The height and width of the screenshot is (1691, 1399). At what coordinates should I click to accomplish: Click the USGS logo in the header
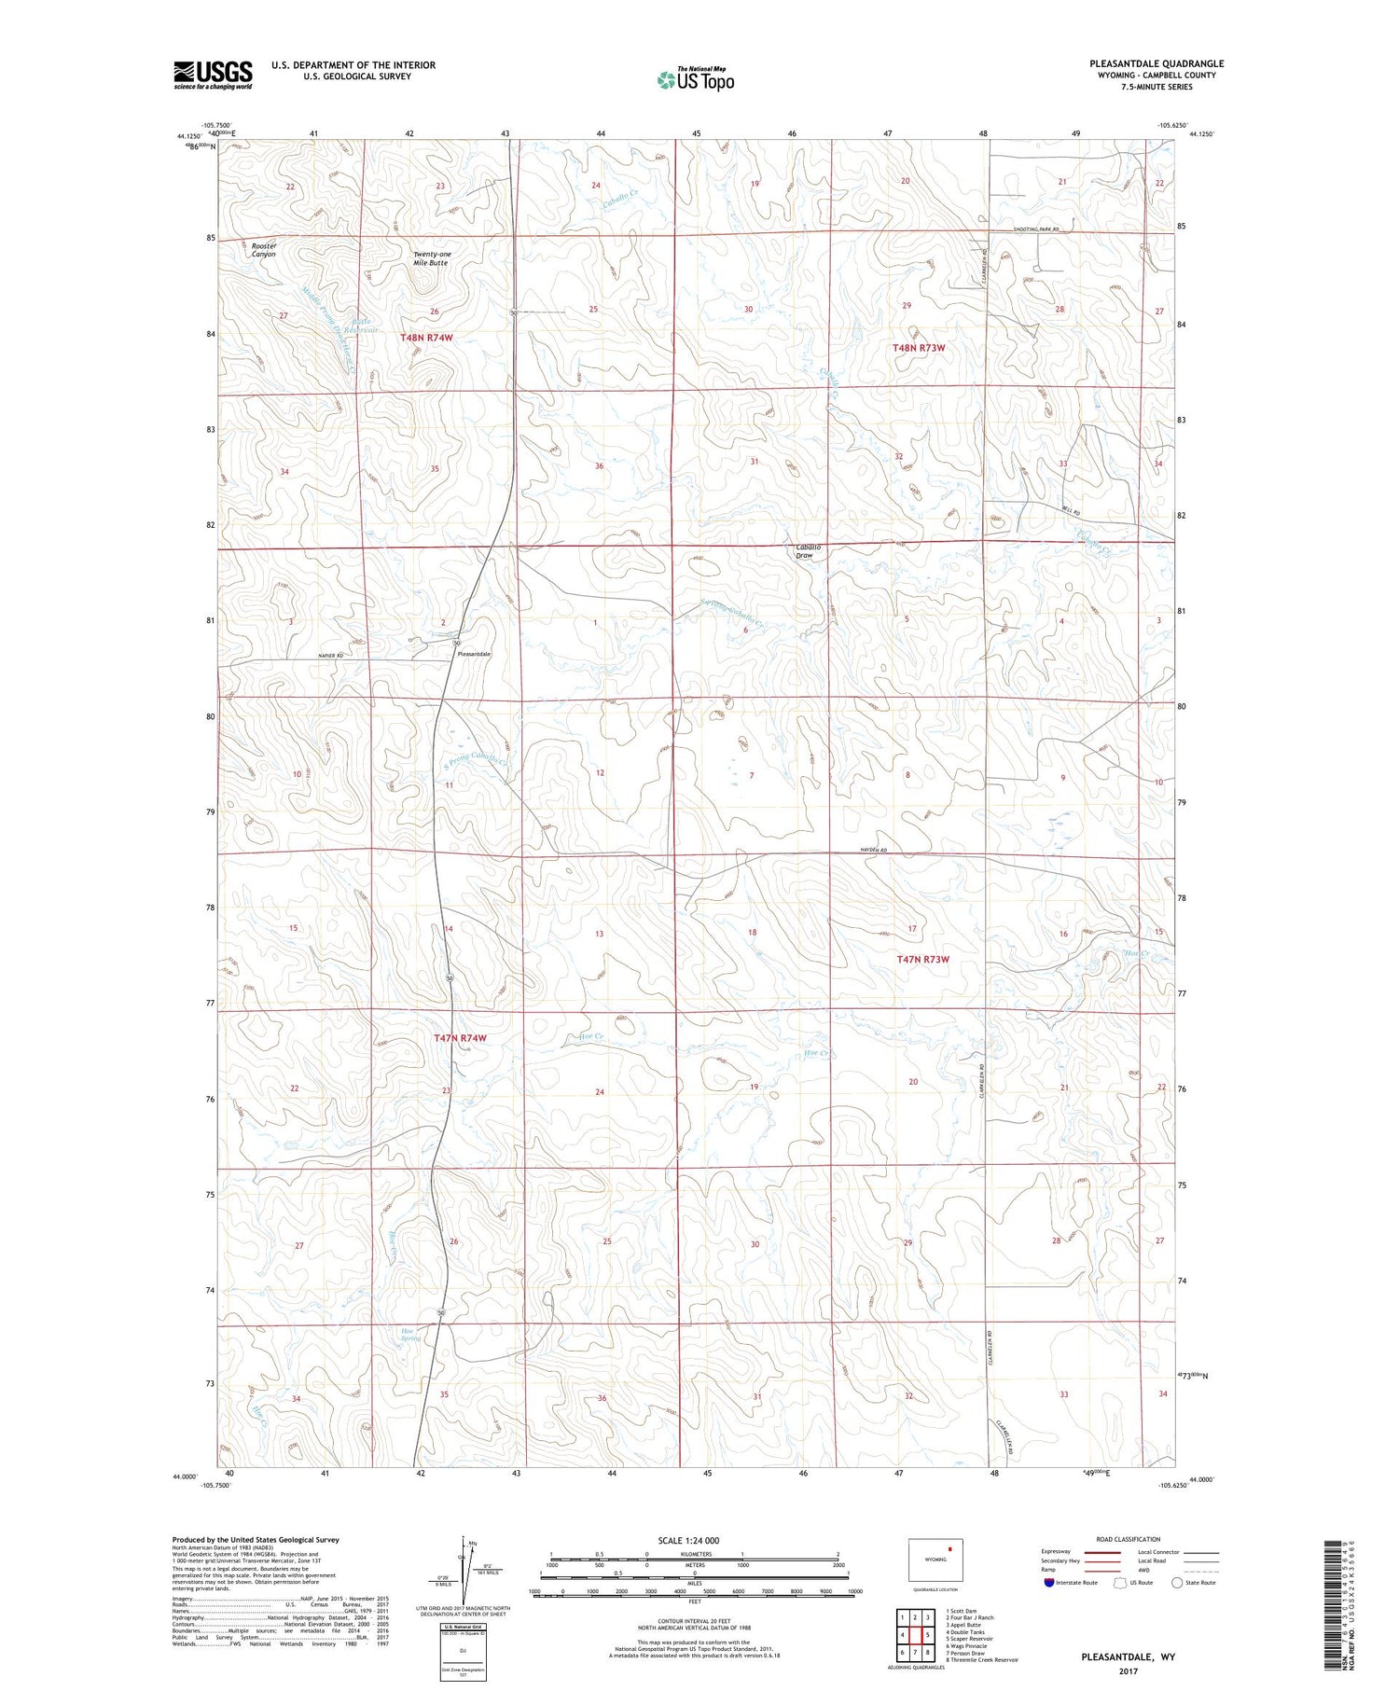point(213,75)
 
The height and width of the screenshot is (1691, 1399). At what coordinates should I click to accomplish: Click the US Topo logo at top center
point(696,80)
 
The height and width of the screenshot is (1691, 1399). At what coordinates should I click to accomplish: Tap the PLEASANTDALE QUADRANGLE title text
point(1156,63)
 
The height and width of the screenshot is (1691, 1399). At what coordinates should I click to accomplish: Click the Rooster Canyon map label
point(264,250)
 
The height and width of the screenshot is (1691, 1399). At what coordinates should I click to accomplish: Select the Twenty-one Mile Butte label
point(431,258)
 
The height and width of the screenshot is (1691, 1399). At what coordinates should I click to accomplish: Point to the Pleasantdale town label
point(473,654)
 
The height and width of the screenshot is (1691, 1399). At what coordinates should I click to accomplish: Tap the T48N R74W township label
point(426,338)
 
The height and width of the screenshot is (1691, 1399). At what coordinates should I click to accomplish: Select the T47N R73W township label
point(922,959)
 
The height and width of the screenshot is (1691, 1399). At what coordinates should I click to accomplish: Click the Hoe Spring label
point(410,1334)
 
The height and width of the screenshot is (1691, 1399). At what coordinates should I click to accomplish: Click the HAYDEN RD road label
point(867,850)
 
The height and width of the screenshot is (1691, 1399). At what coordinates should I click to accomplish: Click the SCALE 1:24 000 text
point(688,1540)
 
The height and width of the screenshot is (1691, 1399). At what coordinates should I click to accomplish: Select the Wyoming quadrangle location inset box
point(935,1559)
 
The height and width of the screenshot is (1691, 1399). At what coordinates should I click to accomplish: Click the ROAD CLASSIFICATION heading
point(1129,1539)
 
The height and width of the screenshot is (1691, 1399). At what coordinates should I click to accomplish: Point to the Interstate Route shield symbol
point(1048,1583)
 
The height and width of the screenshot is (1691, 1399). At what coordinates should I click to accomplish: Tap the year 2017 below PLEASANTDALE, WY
point(1128,1670)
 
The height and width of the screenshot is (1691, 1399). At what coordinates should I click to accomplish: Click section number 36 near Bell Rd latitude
point(599,466)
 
